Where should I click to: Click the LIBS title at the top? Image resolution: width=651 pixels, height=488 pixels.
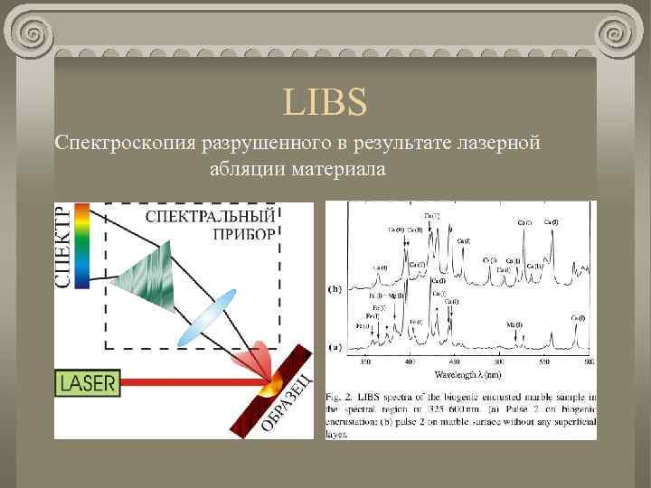pos(325,103)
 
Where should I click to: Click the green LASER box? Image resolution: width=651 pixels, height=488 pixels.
pos(88,382)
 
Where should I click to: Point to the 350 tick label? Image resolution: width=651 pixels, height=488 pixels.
pos(365,361)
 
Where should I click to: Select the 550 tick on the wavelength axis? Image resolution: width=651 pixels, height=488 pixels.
pos(542,361)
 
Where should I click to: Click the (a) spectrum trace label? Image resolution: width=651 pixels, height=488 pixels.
pos(335,346)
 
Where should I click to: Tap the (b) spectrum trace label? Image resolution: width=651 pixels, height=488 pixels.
pos(335,289)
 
